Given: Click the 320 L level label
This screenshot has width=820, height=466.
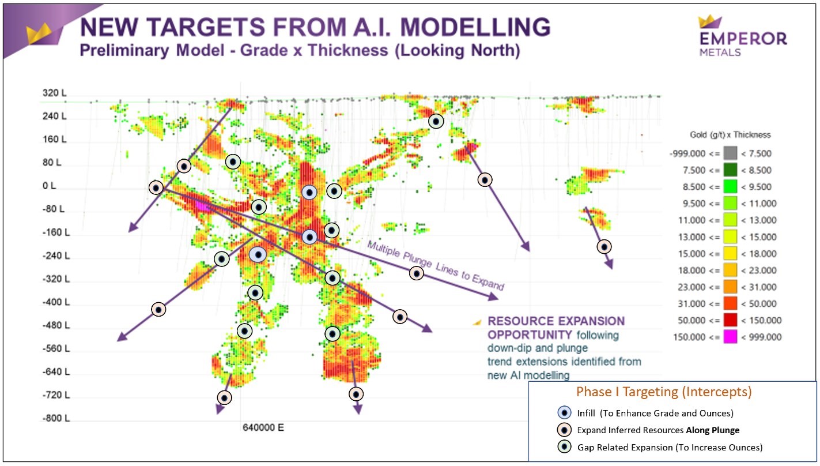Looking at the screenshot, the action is (55, 93).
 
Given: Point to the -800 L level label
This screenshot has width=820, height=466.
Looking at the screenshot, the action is (56, 418).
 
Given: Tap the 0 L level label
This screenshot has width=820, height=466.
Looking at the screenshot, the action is (49, 186).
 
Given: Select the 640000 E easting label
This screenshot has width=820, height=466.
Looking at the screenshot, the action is (263, 427).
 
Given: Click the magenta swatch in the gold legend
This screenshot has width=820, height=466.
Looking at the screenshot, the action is (730, 337).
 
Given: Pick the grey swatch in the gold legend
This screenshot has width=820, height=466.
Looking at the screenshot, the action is (730, 153).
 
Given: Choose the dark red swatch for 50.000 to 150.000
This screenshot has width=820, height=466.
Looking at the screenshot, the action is (730, 320).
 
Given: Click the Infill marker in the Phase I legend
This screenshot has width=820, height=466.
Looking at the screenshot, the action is (564, 413).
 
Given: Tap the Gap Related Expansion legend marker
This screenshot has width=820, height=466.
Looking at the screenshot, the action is (564, 447).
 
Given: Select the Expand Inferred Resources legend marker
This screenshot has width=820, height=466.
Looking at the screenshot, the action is (564, 430).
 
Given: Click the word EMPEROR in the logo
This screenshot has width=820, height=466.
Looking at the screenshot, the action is (743, 39).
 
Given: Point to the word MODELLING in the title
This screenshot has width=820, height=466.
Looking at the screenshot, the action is (475, 27).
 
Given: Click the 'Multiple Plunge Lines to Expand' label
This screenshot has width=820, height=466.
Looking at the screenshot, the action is (436, 265).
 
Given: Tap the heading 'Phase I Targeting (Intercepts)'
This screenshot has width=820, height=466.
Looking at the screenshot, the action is (664, 392).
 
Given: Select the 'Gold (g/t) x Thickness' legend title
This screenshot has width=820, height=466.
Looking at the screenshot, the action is (730, 135).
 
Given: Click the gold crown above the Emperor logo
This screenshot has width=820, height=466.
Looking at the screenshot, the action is (709, 21).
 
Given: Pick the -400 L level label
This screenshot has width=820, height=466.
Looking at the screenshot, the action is (56, 302).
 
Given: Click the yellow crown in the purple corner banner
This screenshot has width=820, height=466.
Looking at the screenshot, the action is (39, 33).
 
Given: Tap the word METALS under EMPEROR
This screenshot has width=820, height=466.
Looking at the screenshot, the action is (720, 52).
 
